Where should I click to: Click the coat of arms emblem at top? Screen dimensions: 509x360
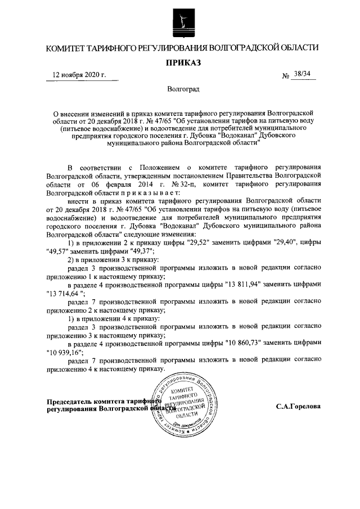click(179, 21)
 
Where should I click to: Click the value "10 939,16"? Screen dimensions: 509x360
click(65, 352)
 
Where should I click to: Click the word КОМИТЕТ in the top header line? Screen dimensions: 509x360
click(69, 48)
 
